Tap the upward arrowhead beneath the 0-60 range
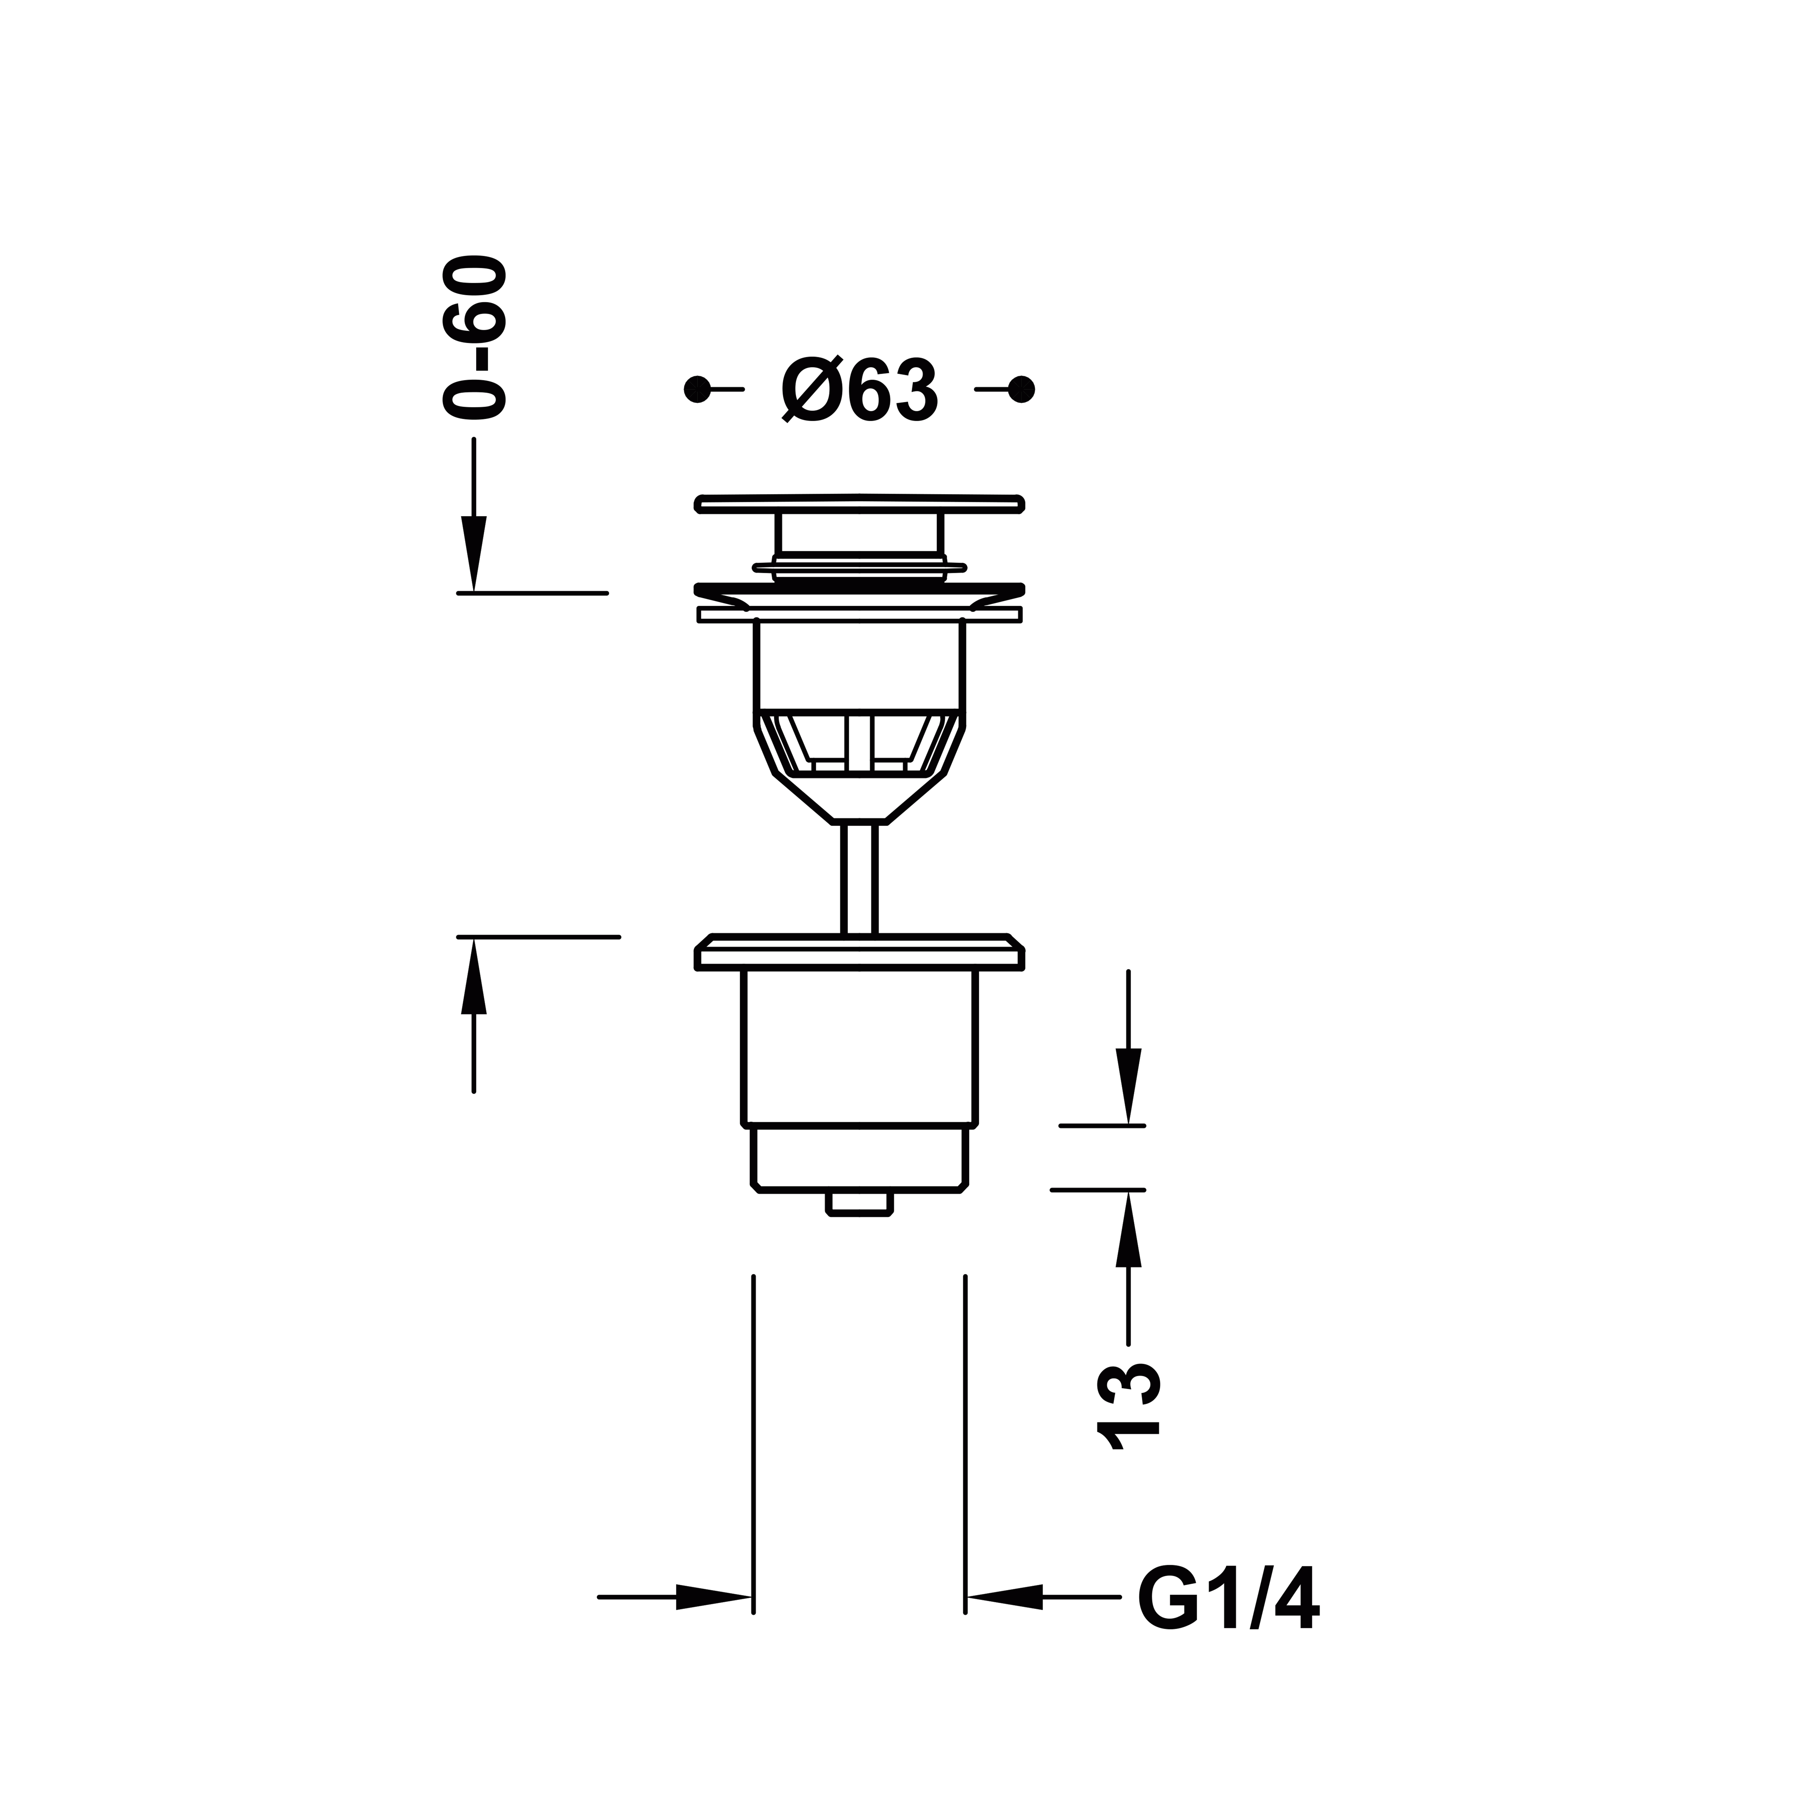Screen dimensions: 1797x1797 (x=474, y=976)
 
